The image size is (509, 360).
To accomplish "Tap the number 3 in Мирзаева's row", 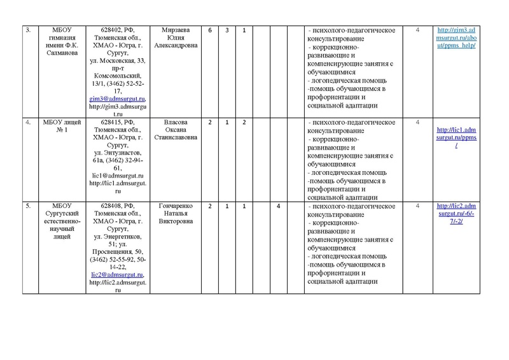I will pyautogui.click(x=227, y=31).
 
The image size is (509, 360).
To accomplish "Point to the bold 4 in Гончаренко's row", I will pyautogui.click(x=278, y=207).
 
